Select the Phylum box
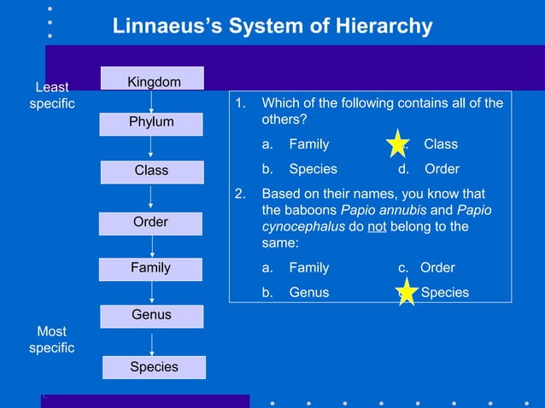[151, 122]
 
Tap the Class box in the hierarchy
[151, 171]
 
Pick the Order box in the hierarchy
[150, 222]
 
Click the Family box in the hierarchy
[150, 268]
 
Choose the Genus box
[151, 315]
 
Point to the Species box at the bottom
[154, 367]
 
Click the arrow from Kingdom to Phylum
[152, 102]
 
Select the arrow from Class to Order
[151, 196]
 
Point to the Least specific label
[51, 96]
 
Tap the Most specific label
[51, 339]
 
